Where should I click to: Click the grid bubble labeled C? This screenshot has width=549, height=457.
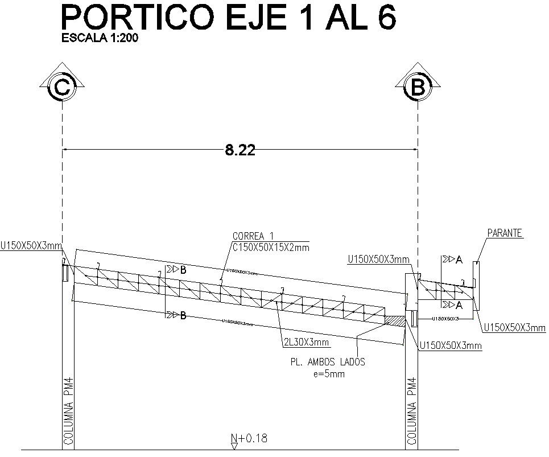61,87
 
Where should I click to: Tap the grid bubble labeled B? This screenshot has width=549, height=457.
418,87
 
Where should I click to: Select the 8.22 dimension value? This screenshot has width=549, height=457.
240,150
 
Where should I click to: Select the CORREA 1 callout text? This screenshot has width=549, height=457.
253,236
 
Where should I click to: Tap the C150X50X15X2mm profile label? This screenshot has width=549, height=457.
270,246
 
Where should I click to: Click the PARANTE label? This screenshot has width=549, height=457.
505,233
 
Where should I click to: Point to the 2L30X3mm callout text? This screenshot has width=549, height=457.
306,342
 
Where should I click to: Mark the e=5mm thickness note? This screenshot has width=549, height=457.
329,374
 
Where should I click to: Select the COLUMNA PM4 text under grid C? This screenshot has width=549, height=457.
68,410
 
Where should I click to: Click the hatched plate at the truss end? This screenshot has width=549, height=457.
396,321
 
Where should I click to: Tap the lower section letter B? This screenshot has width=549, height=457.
183,315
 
